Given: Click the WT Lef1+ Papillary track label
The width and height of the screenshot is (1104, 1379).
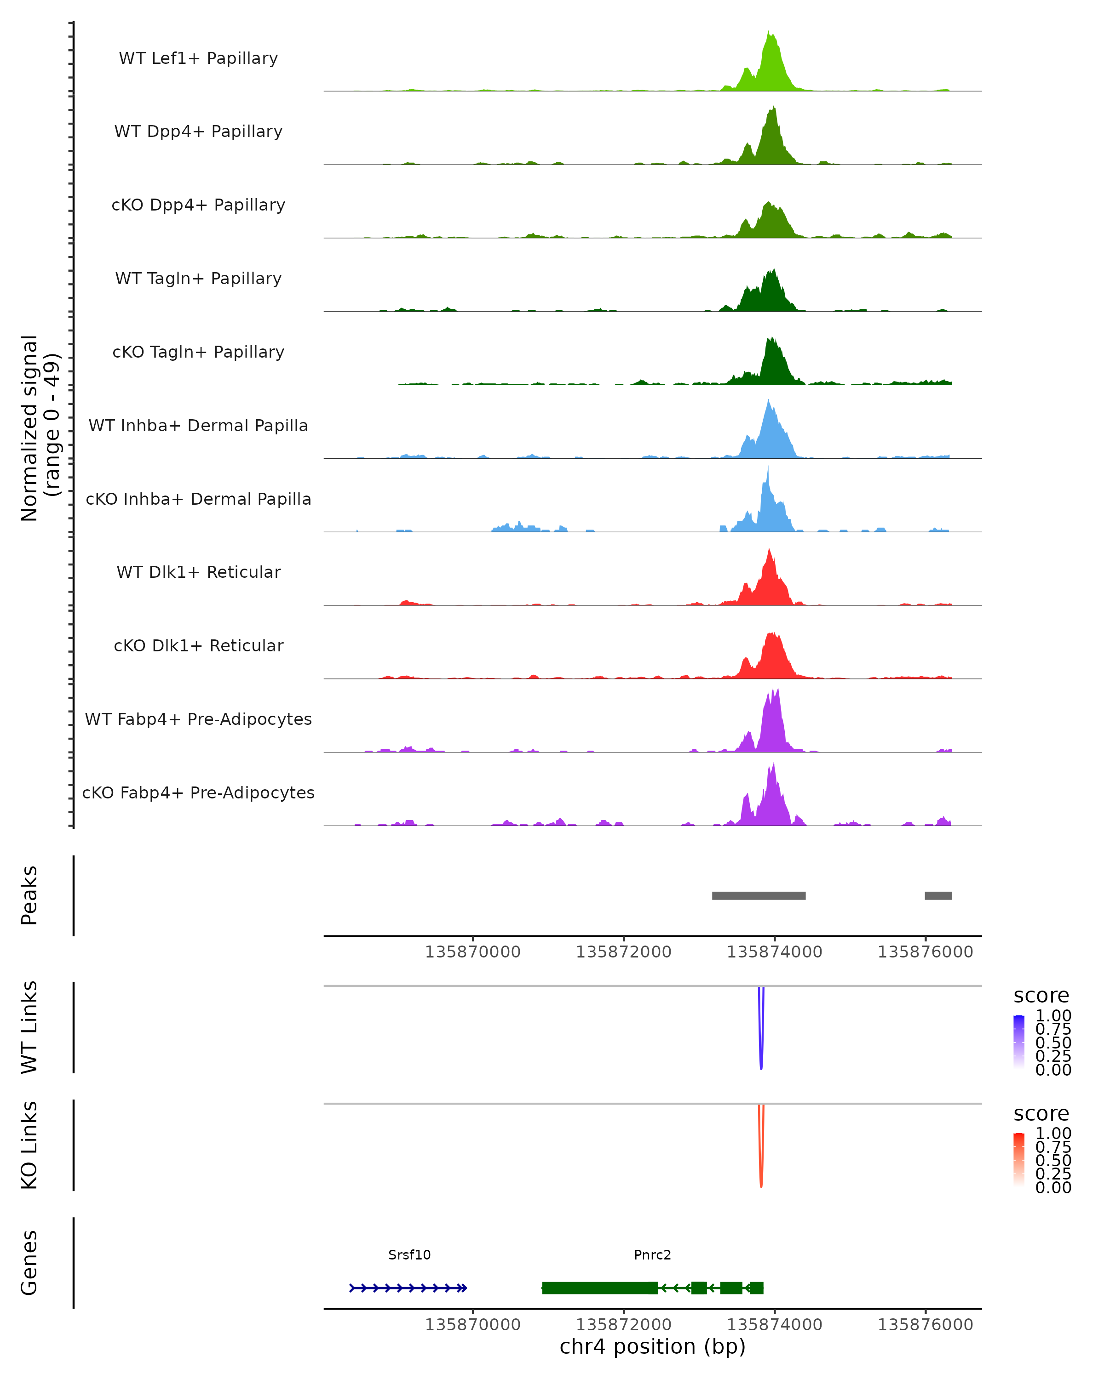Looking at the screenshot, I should pyautogui.click(x=198, y=58).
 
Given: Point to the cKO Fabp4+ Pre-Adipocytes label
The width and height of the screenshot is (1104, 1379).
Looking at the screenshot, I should pyautogui.click(x=198, y=792).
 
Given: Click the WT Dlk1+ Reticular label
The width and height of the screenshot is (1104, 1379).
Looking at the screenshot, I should pyautogui.click(x=198, y=572).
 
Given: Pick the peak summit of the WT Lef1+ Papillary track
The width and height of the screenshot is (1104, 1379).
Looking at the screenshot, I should pyautogui.click(x=769, y=33).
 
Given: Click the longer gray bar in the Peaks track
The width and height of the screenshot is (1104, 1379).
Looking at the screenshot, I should pyautogui.click(x=759, y=895).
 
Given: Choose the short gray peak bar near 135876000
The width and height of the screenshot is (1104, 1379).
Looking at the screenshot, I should pyautogui.click(x=938, y=895).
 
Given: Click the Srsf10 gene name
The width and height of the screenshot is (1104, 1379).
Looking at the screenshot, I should pyautogui.click(x=409, y=1254).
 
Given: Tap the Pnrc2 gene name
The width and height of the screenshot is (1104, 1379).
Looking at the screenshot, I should pyautogui.click(x=652, y=1254).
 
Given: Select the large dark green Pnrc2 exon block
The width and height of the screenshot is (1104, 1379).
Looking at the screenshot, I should pyautogui.click(x=600, y=1288).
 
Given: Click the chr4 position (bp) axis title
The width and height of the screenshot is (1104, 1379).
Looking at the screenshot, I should pyautogui.click(x=652, y=1346).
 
